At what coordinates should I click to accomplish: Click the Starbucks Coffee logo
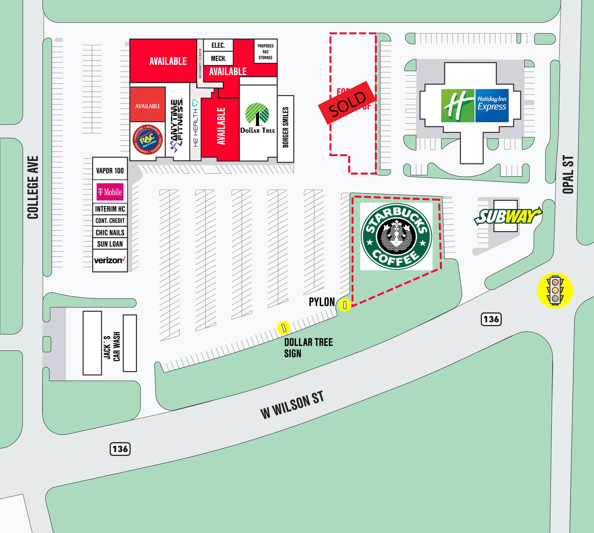[396, 236]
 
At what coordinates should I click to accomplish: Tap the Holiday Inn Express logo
[475, 105]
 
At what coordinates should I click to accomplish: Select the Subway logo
[508, 217]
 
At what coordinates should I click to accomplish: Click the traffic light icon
[555, 290]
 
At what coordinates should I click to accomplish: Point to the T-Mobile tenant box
[110, 192]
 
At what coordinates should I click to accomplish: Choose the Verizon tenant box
[110, 260]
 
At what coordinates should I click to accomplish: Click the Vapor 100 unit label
[110, 170]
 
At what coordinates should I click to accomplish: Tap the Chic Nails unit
[110, 232]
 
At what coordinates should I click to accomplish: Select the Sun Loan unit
[110, 244]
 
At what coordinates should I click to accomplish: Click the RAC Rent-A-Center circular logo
[147, 140]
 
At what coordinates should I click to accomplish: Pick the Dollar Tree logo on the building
[258, 119]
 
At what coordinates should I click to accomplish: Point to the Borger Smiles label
[285, 128]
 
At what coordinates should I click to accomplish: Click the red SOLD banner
[347, 103]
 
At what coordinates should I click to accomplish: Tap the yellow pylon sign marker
[345, 305]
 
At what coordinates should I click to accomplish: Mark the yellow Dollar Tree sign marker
[283, 328]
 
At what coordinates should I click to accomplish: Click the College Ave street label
[33, 188]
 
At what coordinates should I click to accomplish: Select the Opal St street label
[568, 174]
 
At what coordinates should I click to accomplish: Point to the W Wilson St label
[292, 405]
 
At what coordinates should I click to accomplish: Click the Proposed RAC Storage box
[265, 52]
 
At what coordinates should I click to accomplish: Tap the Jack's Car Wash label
[112, 347]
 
